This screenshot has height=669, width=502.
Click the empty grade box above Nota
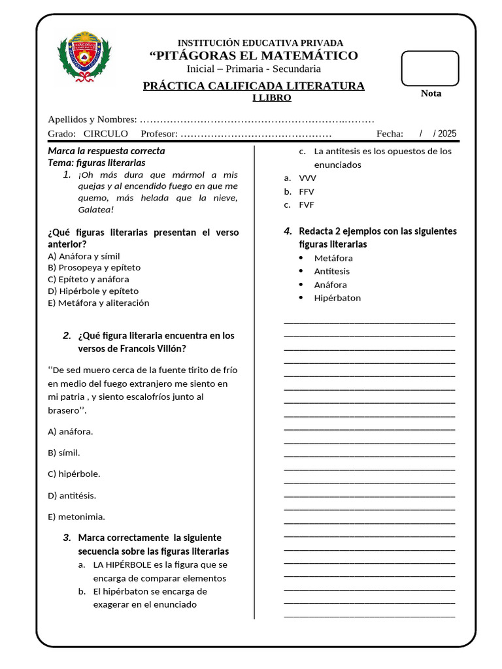coord(429,67)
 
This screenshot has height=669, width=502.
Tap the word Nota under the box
coord(431,93)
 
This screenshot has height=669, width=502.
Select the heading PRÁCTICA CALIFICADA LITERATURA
coord(254,86)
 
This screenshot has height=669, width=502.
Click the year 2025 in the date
coord(447,133)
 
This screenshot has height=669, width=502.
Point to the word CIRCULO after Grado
coord(105,133)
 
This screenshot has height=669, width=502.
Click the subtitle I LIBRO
coord(272,98)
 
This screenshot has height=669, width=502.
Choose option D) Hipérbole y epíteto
coord(93,291)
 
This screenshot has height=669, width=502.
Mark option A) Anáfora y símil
coord(84,256)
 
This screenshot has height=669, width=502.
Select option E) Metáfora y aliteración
coord(99,302)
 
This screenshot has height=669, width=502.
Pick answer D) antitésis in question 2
coord(72,495)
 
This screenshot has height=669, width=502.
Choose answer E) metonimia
coord(76,517)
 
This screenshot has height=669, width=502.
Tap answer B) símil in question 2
coord(64,452)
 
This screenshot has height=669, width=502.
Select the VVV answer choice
coord(307,178)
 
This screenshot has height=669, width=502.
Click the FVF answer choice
coord(306,204)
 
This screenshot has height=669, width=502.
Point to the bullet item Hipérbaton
coord(337,298)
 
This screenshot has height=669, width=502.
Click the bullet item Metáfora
coord(333,258)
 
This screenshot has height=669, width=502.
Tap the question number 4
coord(287,231)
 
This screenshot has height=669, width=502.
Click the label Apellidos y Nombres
coord(92,119)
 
